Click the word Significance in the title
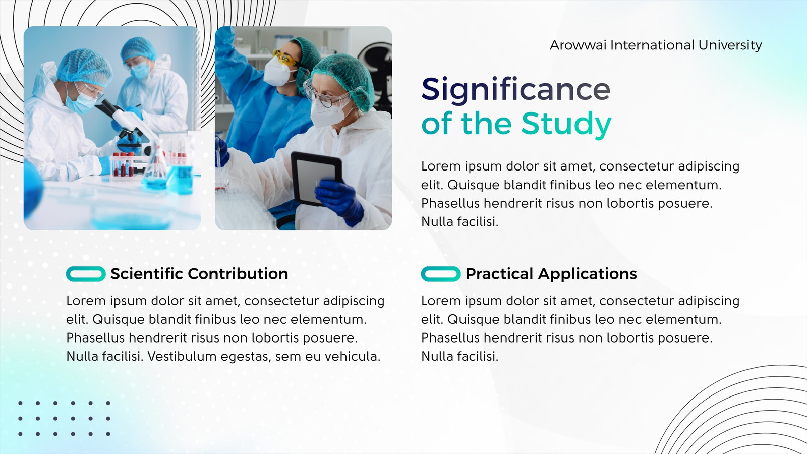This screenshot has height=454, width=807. [x=515, y=90]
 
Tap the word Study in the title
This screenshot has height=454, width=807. [x=566, y=124]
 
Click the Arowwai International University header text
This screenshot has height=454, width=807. [x=656, y=45]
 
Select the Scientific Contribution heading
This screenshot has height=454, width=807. [x=199, y=274]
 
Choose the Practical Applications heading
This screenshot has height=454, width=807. [x=551, y=274]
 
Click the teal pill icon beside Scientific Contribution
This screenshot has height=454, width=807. [x=86, y=274]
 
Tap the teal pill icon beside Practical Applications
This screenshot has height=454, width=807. [x=441, y=274]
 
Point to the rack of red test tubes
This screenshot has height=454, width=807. [x=123, y=164]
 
